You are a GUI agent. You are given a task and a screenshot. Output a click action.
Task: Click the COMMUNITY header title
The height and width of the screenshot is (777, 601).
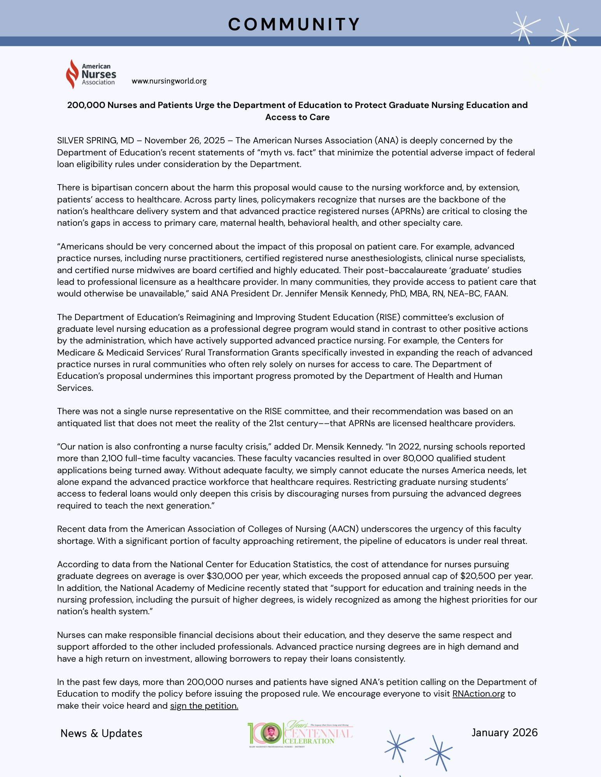coord(294,24)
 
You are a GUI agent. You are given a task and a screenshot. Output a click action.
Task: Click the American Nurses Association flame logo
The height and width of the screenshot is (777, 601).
coord(72,74)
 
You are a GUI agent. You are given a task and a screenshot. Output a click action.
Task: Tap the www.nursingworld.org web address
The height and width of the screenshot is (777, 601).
coord(169,81)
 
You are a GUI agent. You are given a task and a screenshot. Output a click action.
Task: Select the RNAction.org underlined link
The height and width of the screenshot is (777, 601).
coord(478,693)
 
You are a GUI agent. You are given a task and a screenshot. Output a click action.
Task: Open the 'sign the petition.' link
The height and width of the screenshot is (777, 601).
coord(204,706)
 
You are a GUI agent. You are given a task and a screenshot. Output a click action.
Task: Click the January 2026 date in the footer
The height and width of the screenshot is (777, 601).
coord(505,732)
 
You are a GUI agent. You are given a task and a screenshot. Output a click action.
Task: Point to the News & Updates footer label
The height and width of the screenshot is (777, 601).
coord(102,733)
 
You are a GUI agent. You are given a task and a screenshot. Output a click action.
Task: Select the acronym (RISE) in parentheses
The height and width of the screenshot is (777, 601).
coord(388,317)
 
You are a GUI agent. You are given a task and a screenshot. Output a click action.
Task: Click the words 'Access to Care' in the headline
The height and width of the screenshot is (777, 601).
coord(298,117)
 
